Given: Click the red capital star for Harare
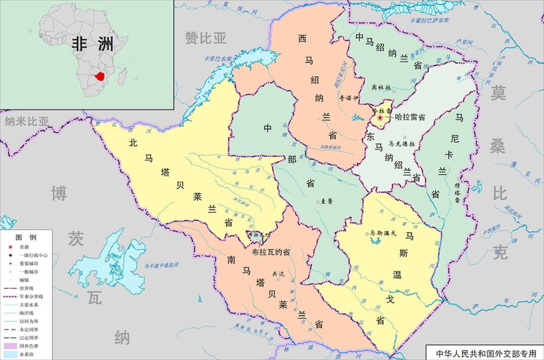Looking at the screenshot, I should [379, 117].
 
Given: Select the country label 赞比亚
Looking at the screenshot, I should [206, 37].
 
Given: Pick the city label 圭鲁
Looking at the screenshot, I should [325, 201].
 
